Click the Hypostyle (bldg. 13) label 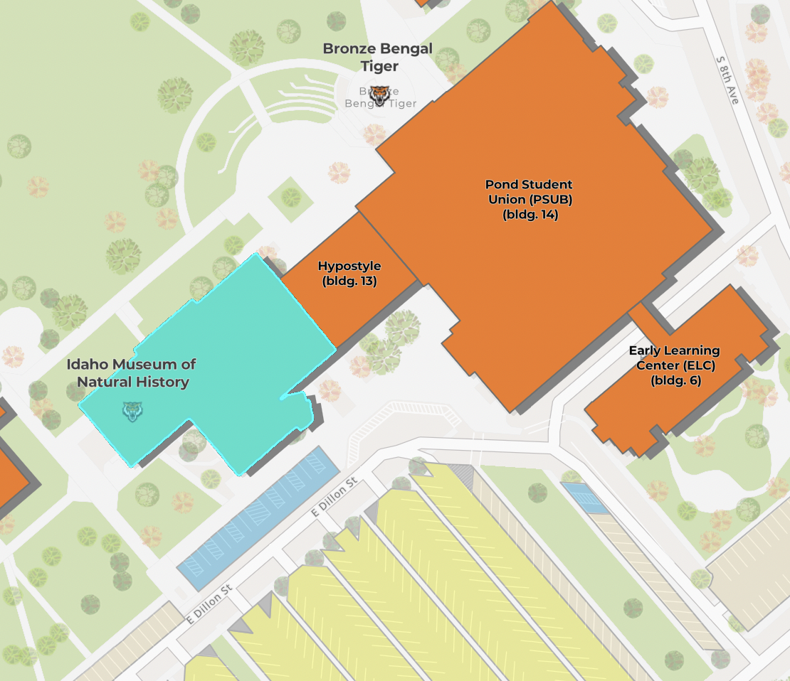(349, 274)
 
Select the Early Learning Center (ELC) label (674, 365)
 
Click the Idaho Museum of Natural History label (132, 373)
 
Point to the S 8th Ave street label (728, 80)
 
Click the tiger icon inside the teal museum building (132, 411)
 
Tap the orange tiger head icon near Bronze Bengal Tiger (381, 95)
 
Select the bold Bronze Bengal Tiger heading (377, 57)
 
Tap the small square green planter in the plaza (290, 195)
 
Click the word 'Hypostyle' (349, 266)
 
